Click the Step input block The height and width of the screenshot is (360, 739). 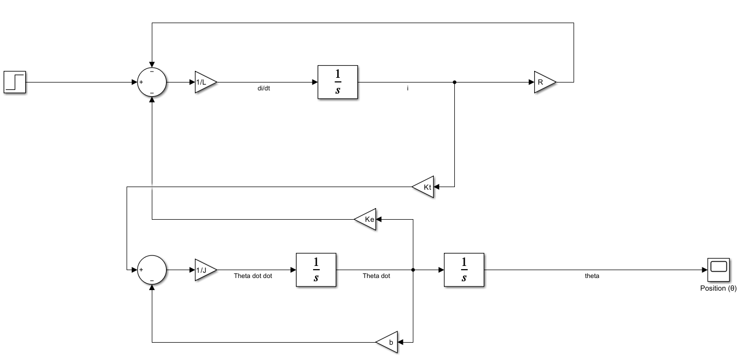(x=15, y=82)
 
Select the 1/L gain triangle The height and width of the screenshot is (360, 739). (x=204, y=82)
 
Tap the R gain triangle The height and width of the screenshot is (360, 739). (x=544, y=82)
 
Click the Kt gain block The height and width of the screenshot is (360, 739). (x=424, y=187)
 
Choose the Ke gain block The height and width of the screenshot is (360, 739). (x=366, y=219)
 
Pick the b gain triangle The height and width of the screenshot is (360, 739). (x=388, y=342)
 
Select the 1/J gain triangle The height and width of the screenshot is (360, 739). (x=204, y=270)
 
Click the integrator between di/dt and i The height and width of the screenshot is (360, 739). (x=337, y=82)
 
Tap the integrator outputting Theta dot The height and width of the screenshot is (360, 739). (x=316, y=270)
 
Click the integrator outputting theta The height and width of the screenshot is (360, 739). (x=464, y=270)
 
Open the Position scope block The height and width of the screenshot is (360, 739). (x=718, y=270)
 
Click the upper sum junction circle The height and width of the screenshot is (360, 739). (x=152, y=82)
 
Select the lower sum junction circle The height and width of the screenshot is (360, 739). (x=152, y=270)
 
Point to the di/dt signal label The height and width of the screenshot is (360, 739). (x=264, y=88)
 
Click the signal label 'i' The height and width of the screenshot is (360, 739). (x=408, y=88)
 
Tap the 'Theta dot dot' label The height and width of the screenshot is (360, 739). (x=253, y=276)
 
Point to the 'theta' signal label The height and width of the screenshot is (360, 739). (x=592, y=276)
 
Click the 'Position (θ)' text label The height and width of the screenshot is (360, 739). (x=718, y=288)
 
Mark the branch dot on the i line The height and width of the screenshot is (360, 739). (x=454, y=82)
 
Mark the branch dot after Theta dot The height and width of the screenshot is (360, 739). (x=413, y=270)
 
